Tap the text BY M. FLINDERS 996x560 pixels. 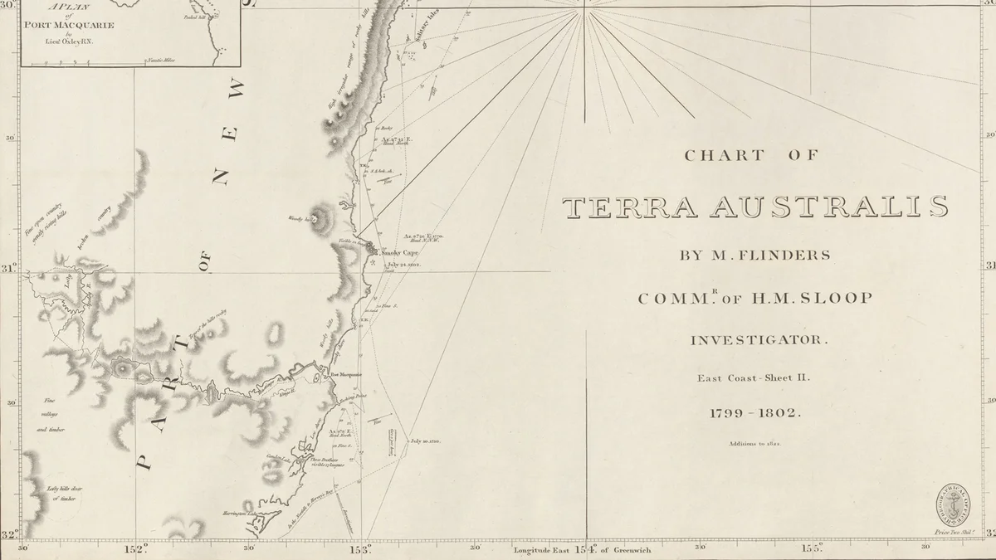click(755, 255)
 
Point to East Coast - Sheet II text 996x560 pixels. click(753, 378)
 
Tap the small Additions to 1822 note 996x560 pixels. click(754, 444)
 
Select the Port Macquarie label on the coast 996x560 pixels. click(346, 374)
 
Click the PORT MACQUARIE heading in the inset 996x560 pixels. click(70, 25)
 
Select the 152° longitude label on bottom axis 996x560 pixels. click(135, 548)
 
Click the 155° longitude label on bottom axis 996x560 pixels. click(811, 548)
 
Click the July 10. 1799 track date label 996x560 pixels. click(424, 441)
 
